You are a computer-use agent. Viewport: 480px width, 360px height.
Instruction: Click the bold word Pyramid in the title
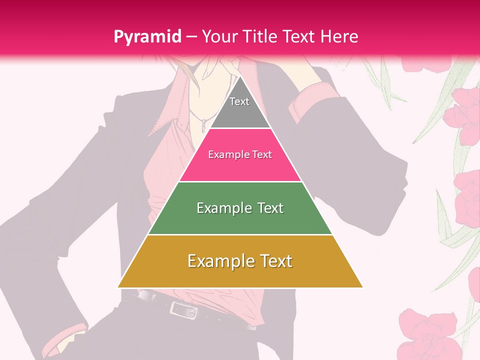[x=147, y=37]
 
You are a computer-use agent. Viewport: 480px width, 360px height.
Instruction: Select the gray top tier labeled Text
[x=239, y=107]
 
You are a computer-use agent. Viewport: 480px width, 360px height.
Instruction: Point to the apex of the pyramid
[x=240, y=77]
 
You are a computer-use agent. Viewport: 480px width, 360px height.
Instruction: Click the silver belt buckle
[x=182, y=309]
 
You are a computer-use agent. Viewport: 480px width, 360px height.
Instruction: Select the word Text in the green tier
[x=270, y=208]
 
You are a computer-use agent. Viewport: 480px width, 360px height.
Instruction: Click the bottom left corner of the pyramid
[x=117, y=287]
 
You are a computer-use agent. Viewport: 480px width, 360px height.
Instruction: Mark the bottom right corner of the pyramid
[x=363, y=287]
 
